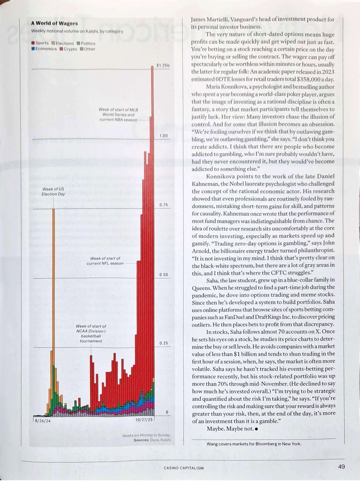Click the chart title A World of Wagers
point(55,23)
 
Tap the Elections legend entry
point(63,43)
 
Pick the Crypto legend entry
point(69,49)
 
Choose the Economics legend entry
point(44,49)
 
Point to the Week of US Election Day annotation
point(53,191)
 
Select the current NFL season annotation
point(105,261)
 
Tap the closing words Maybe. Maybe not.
point(230,428)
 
